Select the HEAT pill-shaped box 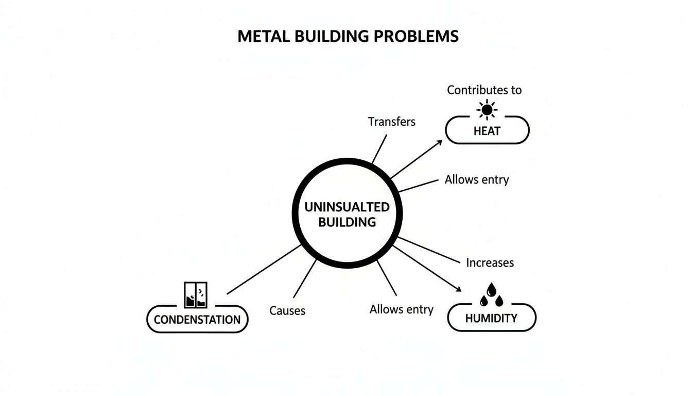tap(487, 130)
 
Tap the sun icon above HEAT tap(487, 109)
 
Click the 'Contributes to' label tap(484, 90)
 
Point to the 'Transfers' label tap(391, 122)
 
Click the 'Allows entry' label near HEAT tap(477, 179)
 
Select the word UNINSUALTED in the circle tap(347, 207)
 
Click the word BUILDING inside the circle tap(347, 223)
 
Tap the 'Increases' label tap(490, 262)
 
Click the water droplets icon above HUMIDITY tap(491, 294)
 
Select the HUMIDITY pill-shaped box tap(491, 318)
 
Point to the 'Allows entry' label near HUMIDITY tap(402, 309)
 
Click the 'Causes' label tap(287, 310)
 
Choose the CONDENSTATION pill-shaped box tap(197, 319)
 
